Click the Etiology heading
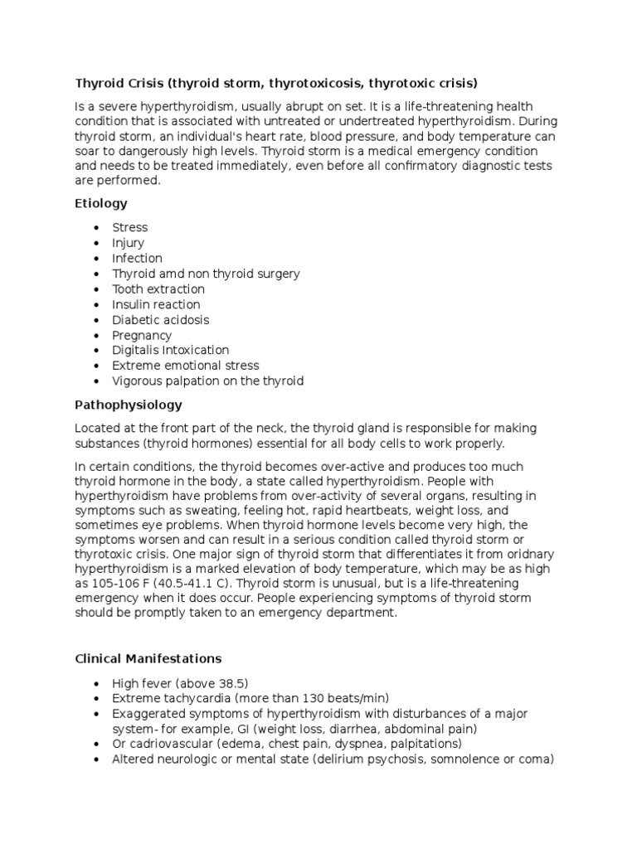tap(101, 203)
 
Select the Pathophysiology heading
tap(129, 405)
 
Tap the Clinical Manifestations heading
tap(148, 659)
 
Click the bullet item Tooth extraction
tap(158, 289)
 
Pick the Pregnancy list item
tap(142, 336)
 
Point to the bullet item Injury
tap(129, 243)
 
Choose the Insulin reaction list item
tap(156, 305)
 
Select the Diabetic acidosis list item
tap(161, 320)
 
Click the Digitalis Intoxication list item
tap(171, 351)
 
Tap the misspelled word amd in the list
tap(171, 274)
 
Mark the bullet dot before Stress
tap(97, 228)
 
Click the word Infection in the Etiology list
tap(138, 259)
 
